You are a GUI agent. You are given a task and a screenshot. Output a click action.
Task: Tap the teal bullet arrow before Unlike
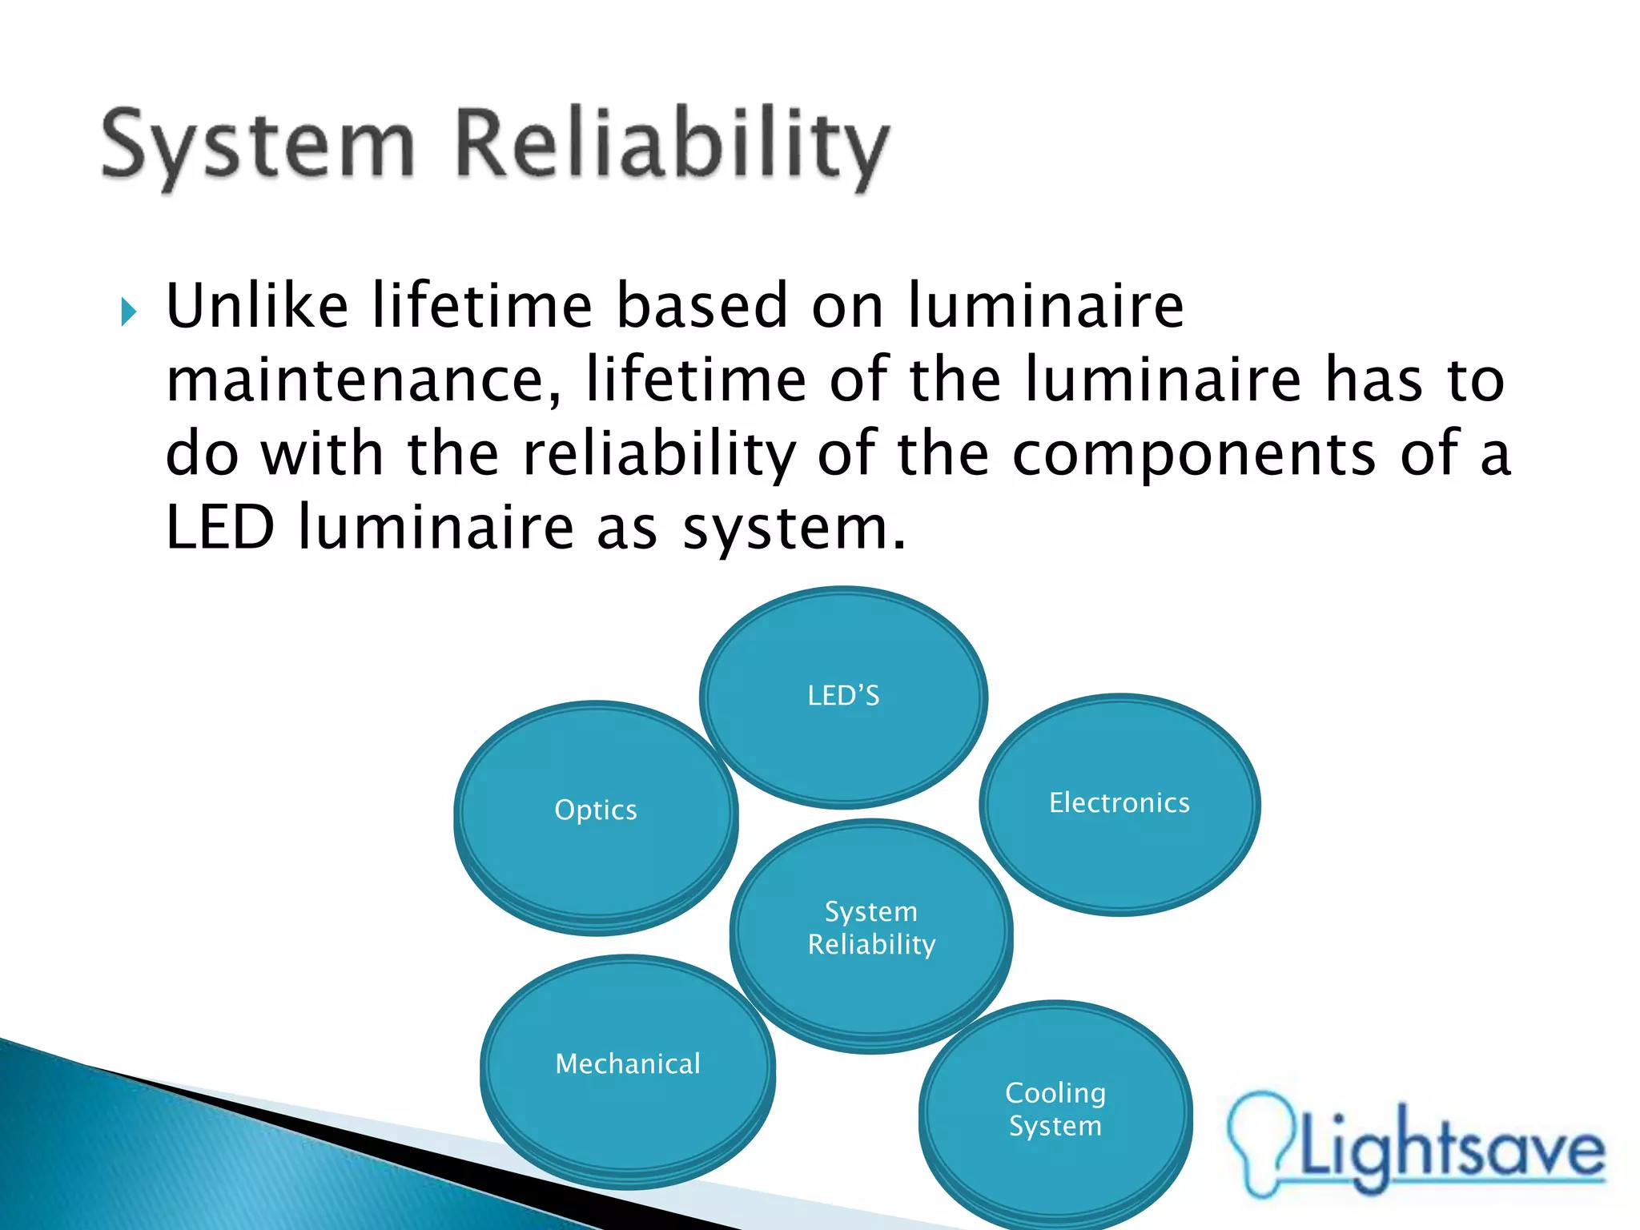pos(129,312)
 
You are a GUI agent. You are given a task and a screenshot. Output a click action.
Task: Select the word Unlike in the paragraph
pos(257,306)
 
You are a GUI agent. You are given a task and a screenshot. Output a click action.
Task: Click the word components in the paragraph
pos(1194,454)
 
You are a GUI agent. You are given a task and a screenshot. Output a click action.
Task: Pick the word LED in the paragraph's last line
pos(220,528)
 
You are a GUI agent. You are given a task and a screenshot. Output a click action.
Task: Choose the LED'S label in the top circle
pos(843,695)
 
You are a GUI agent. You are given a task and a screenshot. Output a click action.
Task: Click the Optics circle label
pos(596,810)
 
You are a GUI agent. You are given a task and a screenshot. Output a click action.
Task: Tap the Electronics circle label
pos(1119,802)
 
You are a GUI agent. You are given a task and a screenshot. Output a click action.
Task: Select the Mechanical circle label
pos(628,1063)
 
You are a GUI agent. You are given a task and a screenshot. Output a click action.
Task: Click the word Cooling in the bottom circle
pos(1055,1093)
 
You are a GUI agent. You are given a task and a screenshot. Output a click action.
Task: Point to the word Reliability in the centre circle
pos(871,945)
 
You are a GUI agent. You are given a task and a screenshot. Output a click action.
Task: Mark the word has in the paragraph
pos(1375,380)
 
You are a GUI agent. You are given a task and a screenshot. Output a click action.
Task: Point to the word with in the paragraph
pos(323,454)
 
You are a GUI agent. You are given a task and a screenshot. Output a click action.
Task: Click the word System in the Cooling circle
pos(1055,1126)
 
